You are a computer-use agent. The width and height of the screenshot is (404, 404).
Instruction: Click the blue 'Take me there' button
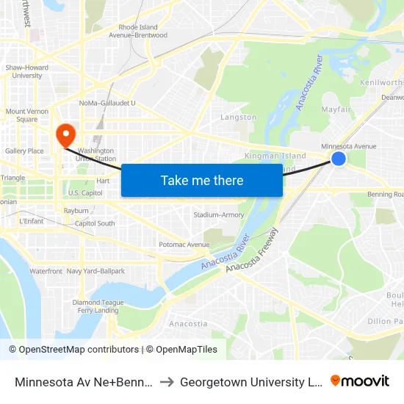(202, 181)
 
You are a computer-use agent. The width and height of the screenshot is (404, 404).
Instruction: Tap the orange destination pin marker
(66, 134)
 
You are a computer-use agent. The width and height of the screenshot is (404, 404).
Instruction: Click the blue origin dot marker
(339, 159)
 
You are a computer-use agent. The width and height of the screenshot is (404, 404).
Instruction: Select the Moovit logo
(360, 380)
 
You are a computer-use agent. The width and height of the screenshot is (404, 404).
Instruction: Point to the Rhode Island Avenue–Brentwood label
(138, 31)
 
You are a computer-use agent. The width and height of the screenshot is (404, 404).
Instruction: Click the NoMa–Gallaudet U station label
(107, 103)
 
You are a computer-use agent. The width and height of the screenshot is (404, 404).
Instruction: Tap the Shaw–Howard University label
(27, 71)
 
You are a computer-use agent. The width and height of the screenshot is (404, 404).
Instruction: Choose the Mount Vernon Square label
(21, 115)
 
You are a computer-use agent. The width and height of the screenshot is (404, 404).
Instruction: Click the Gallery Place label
(24, 151)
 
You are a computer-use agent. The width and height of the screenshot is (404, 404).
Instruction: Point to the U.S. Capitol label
(85, 193)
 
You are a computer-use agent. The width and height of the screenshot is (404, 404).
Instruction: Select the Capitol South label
(95, 223)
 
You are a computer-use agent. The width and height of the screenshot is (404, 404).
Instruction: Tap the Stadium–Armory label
(219, 215)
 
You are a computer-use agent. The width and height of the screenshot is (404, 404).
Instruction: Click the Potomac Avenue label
(184, 245)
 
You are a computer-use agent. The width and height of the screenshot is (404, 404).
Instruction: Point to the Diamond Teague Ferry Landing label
(98, 306)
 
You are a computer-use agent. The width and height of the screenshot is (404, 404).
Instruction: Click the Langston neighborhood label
(239, 117)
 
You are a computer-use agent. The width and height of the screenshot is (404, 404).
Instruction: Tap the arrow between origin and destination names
(166, 381)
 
